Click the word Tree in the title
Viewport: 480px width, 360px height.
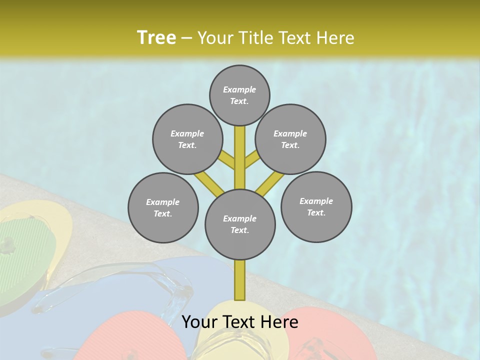coord(156,37)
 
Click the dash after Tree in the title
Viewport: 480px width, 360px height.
coord(187,38)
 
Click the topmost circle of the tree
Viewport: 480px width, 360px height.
coord(239,95)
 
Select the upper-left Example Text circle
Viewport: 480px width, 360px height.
coord(187,139)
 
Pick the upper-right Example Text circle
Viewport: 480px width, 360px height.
coord(290,139)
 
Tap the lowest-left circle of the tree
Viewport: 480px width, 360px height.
coord(163,207)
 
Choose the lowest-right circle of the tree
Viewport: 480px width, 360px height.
coord(316,206)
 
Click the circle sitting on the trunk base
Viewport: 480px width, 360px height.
coord(240,224)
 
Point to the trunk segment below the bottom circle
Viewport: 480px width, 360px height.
coord(240,280)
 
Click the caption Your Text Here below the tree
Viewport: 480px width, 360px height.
coord(239,322)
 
